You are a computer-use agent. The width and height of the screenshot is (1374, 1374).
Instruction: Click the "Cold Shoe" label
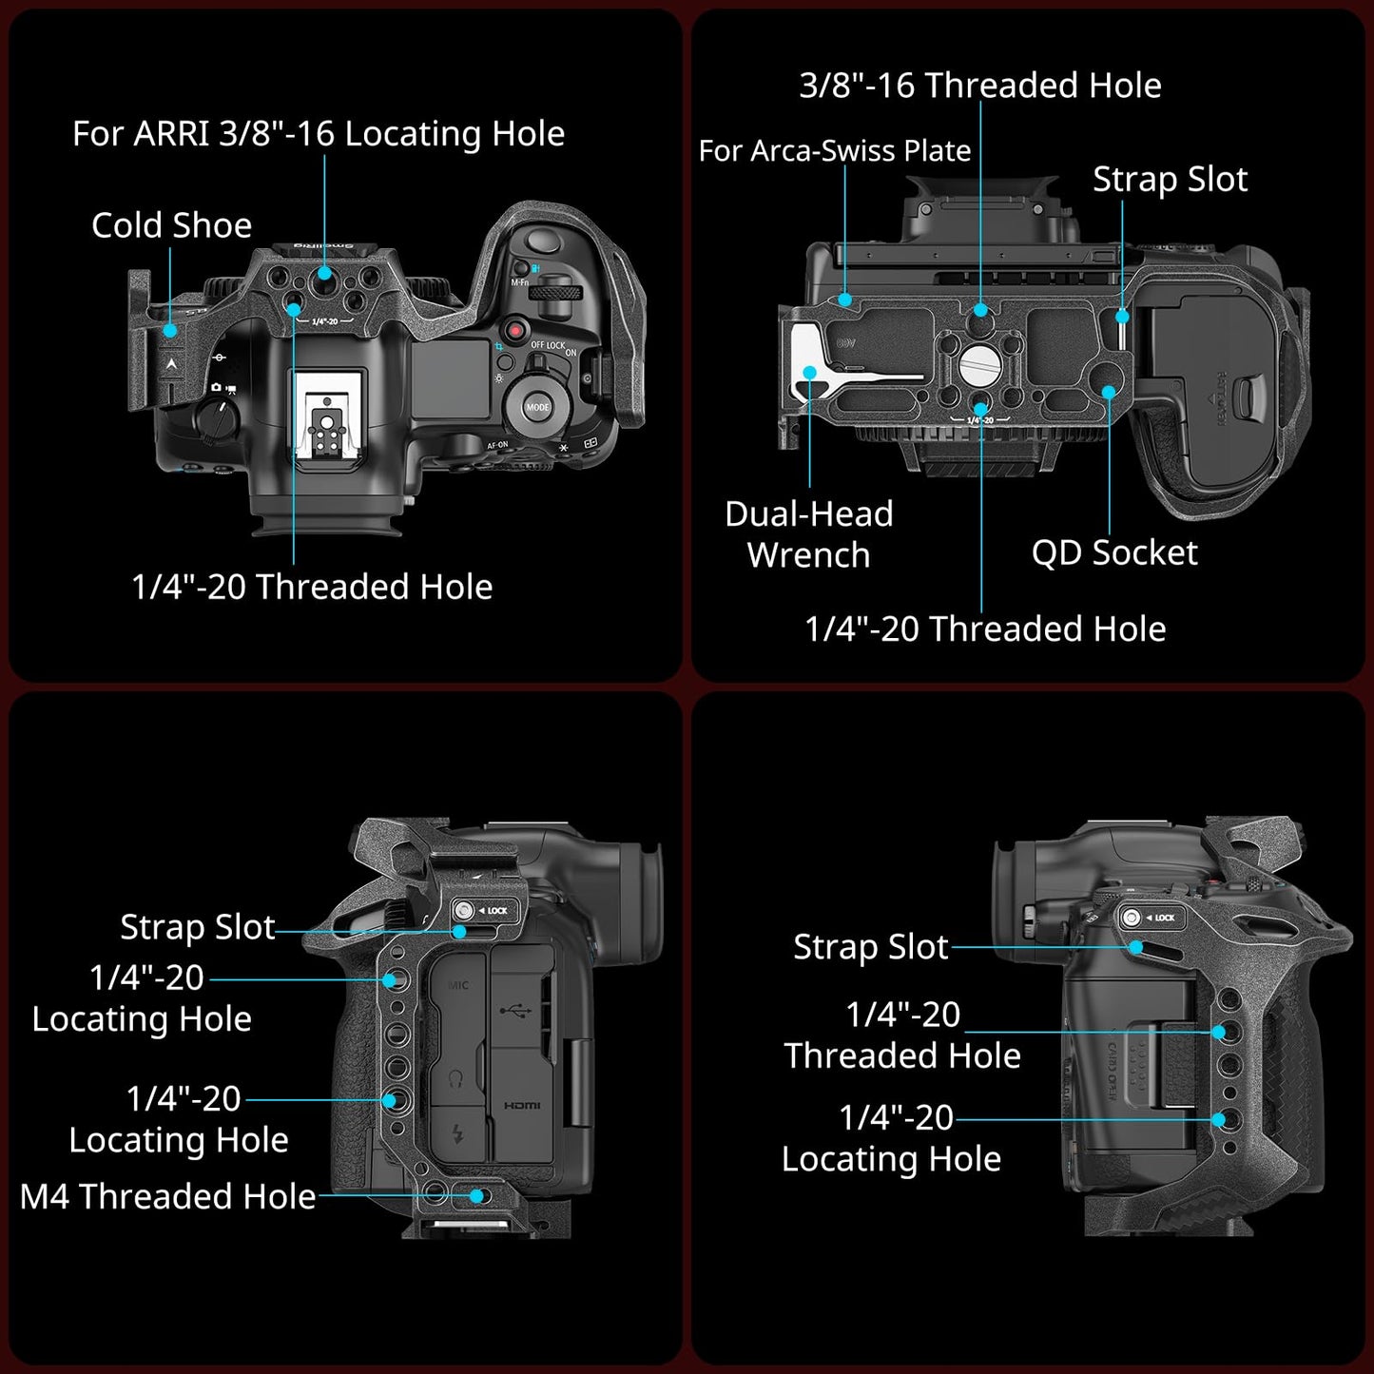pos(172,225)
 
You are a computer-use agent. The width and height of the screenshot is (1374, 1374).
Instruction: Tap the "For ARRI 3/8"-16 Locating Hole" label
pos(319,134)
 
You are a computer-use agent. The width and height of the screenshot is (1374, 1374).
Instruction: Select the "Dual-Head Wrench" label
pos(809,534)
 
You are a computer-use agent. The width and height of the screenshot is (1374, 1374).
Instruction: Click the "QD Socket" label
pos(1114,552)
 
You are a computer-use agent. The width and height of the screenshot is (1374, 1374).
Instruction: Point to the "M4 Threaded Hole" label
pos(168,1196)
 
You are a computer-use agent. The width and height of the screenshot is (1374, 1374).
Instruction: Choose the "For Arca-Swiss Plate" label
pos(835,151)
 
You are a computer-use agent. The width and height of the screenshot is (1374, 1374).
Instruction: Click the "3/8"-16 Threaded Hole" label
pos(980,86)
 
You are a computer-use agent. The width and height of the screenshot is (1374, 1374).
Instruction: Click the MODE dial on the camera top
pos(538,406)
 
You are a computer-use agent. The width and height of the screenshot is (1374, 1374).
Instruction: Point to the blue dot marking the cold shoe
pos(169,330)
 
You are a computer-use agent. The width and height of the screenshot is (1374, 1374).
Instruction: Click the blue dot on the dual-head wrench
pos(809,373)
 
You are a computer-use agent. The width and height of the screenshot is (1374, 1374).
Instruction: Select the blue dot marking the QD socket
pos(1109,391)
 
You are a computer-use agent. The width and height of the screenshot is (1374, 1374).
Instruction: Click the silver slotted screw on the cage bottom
pos(978,362)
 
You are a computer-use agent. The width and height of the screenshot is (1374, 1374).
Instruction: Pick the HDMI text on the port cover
pos(522,1105)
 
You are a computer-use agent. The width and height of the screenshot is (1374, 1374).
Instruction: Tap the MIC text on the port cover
pos(458,985)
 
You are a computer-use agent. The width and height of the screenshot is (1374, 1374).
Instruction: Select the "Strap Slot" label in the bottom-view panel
pos(1170,180)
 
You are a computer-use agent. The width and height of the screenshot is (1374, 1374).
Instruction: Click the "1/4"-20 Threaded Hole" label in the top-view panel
pos(312,587)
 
